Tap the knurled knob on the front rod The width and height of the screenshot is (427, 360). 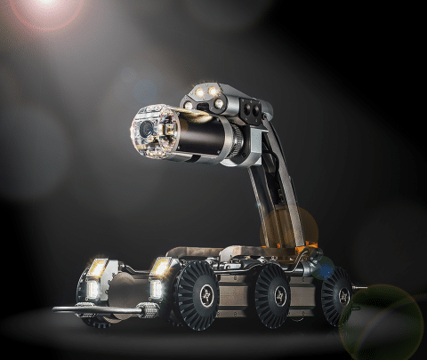[148, 311]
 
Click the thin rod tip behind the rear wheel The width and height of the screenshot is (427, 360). [359, 289]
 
